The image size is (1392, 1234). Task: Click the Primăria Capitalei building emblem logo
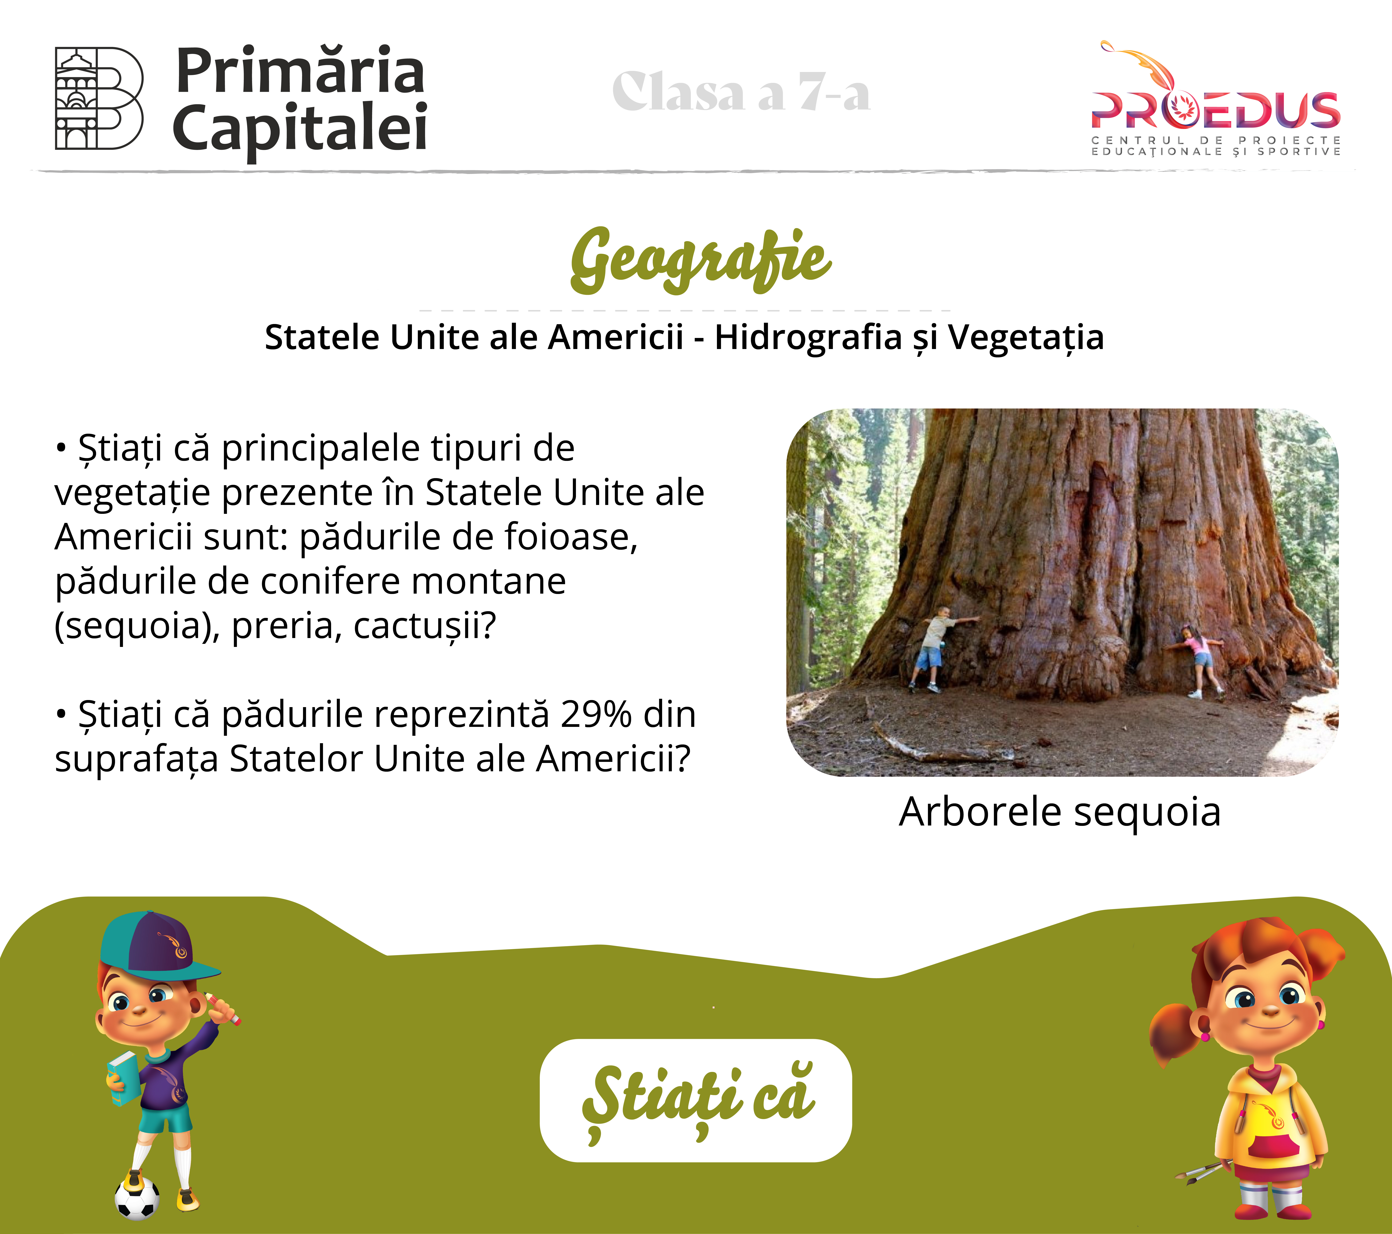tap(99, 98)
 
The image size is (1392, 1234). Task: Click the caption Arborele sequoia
tap(1060, 812)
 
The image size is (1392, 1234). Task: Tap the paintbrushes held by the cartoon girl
tap(1204, 1171)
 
